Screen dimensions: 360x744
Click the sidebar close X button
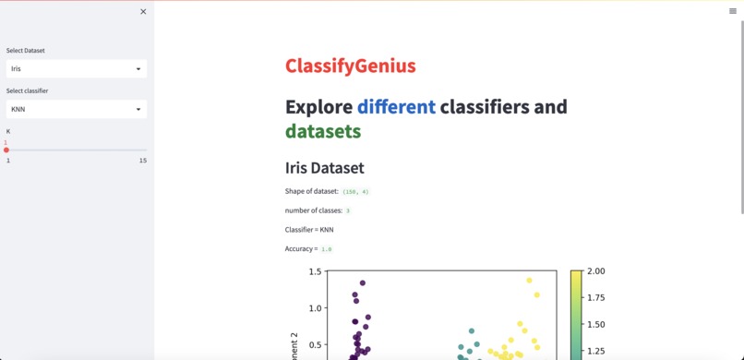tap(143, 12)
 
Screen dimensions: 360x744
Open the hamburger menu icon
tap(733, 11)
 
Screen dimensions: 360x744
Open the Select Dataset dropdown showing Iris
tap(76, 68)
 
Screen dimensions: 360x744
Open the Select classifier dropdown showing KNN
tap(76, 109)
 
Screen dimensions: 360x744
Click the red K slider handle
tap(6, 150)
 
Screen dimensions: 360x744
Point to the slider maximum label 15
tap(143, 161)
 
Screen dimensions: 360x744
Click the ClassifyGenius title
tap(350, 66)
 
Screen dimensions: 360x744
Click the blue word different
tap(396, 106)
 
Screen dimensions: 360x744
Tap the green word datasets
tap(322, 131)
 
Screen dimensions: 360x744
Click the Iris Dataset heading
tap(324, 168)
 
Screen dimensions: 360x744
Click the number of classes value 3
tap(348, 210)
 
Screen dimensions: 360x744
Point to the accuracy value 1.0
tap(327, 249)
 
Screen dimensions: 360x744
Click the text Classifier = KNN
tap(309, 229)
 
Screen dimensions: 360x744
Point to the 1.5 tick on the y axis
tap(315, 272)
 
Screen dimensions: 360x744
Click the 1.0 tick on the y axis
tap(315, 308)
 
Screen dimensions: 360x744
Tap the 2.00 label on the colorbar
tap(595, 271)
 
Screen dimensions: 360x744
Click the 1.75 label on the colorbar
tap(595, 297)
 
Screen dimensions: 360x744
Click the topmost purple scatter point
tap(363, 283)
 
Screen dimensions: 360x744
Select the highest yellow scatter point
tap(530, 280)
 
